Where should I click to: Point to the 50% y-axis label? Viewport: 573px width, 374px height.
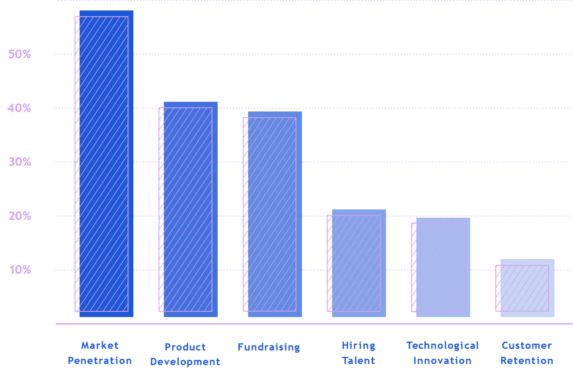[20, 54]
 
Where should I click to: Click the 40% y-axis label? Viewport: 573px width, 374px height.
[19, 108]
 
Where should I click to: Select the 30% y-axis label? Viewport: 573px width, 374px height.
[20, 162]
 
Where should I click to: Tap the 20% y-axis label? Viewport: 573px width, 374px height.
[20, 216]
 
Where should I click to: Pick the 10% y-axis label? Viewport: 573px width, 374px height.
[20, 270]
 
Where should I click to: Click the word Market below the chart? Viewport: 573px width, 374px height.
[100, 345]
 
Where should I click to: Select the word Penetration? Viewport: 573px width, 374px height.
[100, 361]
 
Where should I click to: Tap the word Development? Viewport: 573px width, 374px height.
[185, 362]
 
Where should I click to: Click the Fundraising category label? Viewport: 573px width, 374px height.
[269, 347]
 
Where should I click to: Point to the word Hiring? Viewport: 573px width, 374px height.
[358, 346]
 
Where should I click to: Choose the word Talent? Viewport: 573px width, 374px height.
[358, 361]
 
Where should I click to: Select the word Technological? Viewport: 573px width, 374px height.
[443, 346]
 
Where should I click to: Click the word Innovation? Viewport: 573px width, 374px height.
[443, 361]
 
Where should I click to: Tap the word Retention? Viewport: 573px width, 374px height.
[527, 361]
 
